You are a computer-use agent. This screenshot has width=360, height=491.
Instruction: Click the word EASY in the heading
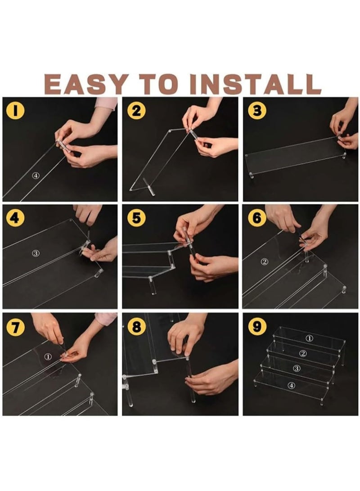coord(86,84)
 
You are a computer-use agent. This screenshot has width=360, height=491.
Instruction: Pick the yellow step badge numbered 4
coord(15,217)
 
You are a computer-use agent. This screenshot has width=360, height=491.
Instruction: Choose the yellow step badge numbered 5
coord(136,217)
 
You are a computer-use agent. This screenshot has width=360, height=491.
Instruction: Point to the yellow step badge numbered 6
coord(257,217)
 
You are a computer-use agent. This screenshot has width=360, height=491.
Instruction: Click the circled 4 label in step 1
coord(36,176)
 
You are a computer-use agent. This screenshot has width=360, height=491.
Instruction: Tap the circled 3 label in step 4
coord(36,253)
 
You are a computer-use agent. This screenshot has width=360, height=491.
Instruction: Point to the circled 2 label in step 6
coord(265,261)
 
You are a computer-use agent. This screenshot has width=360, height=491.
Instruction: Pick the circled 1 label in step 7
coord(48,356)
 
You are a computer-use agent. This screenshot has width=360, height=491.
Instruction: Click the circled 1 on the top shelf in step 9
coord(309,338)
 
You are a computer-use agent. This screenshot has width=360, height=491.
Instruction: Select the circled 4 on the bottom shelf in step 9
coord(292,385)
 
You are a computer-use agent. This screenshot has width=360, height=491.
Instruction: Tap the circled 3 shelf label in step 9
coord(297,368)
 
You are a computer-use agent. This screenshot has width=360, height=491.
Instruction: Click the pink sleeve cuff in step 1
coord(107,104)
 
